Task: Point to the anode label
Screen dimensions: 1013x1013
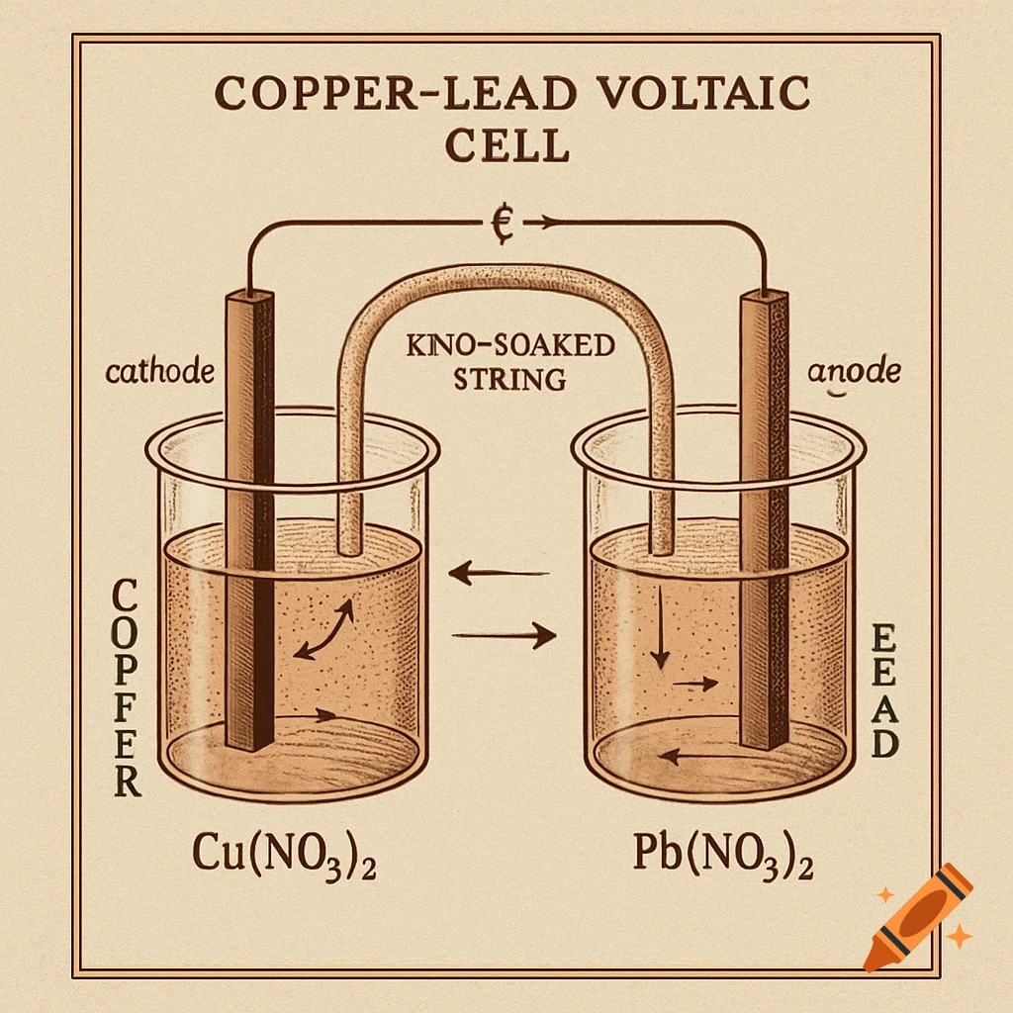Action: tap(854, 373)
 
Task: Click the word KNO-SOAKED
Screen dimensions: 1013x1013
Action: tap(510, 347)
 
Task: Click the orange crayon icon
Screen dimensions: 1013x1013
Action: tap(915, 915)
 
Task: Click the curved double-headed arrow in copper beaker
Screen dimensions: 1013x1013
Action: tap(324, 630)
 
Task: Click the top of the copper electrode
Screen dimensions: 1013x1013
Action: tap(247, 296)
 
